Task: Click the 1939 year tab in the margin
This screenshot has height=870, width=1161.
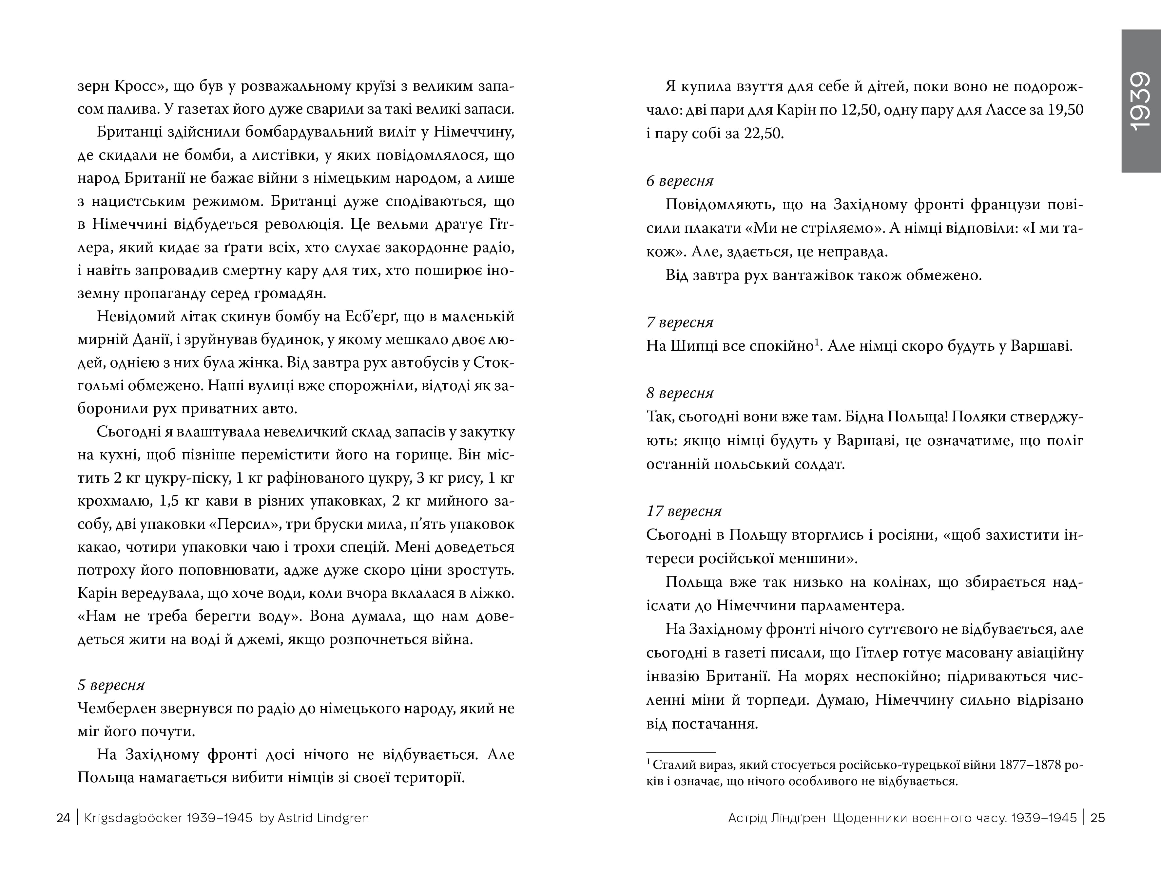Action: pos(1141,101)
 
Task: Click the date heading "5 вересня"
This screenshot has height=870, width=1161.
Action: pos(111,685)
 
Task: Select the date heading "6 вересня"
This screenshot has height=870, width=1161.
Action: pos(680,181)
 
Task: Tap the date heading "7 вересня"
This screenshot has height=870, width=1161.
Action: pos(680,322)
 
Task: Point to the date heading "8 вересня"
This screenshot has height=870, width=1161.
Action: pos(680,393)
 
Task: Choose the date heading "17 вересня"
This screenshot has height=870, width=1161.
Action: pos(684,511)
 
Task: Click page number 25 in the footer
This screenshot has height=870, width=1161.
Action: pos(1097,818)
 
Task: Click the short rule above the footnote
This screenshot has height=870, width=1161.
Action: pos(681,752)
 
